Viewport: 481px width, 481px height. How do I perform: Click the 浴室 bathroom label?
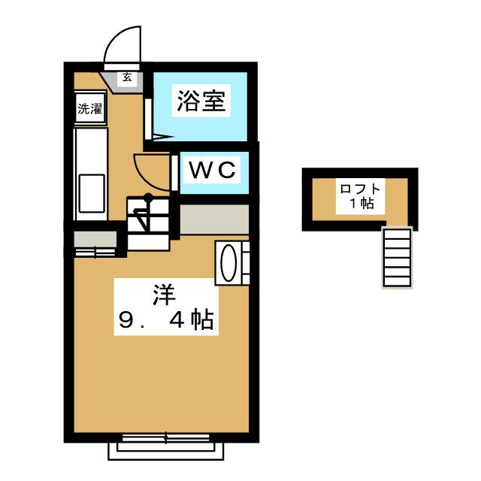(201, 101)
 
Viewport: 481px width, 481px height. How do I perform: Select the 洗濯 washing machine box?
(90, 108)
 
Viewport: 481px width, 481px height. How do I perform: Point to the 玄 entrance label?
(127, 76)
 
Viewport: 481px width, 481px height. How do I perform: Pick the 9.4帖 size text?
(166, 322)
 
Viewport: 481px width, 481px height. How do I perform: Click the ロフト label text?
(361, 189)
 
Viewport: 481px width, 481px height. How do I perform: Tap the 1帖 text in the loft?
(361, 204)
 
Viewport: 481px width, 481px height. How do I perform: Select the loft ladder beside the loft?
(398, 258)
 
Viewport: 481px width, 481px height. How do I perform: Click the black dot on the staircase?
(148, 198)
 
